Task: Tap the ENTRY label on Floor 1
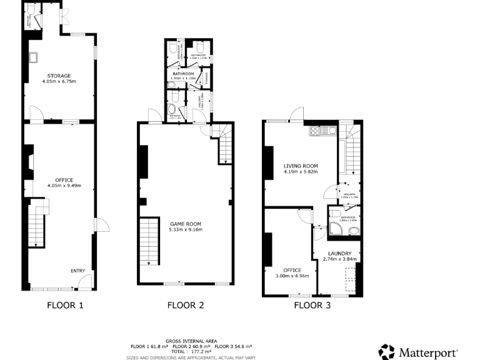(77, 271)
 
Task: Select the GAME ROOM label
(186, 223)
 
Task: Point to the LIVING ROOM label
(301, 166)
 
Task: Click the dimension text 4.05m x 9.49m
(64, 186)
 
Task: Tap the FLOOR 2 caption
(186, 306)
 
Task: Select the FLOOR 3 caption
(312, 306)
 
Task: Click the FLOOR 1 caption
(65, 306)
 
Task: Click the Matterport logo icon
(387, 351)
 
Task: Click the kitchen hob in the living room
(316, 131)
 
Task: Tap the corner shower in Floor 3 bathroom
(336, 231)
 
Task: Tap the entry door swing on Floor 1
(86, 281)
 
